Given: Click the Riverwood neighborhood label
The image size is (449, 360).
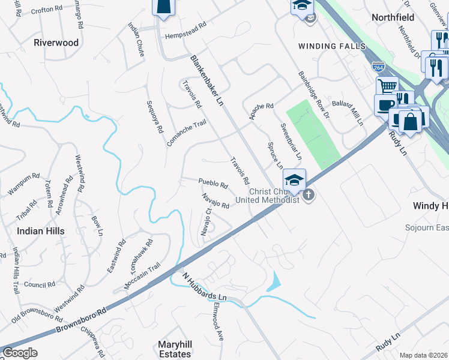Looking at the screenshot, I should coord(56,43).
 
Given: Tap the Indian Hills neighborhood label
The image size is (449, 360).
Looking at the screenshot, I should coord(40,230).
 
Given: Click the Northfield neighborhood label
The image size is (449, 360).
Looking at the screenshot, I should coord(394,17).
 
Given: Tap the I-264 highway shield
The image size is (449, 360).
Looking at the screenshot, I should coord(378,67).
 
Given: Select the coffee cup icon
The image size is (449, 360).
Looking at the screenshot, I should coord(384,106).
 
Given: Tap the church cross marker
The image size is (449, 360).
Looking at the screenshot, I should coord(309,195).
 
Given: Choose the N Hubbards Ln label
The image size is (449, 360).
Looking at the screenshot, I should coord(206,289).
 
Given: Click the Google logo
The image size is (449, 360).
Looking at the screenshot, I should coord(20,353).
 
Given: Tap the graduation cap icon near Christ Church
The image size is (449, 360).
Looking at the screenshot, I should coord(295,180).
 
